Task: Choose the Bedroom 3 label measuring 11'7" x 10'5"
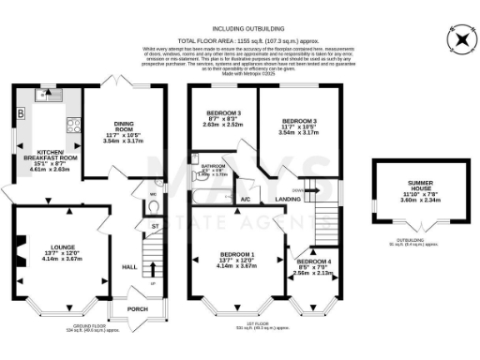tap(299, 121)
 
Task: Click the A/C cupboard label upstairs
tap(245, 200)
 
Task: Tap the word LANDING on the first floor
tap(288, 199)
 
